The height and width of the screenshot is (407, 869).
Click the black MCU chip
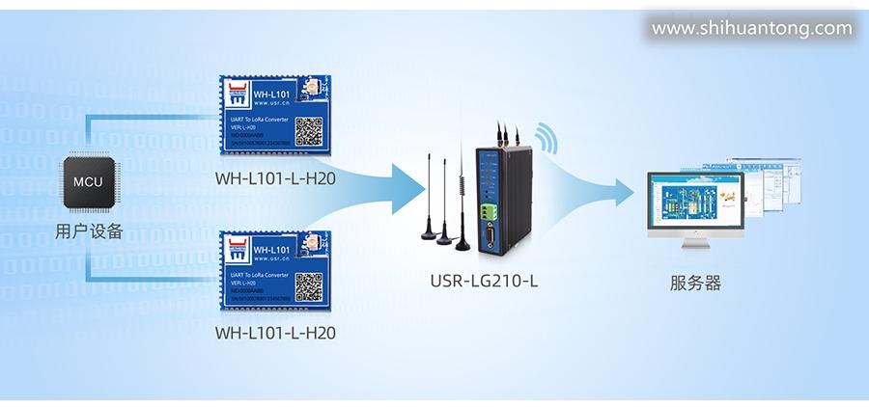coord(88,182)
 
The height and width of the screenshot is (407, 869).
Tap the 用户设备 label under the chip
coord(89,231)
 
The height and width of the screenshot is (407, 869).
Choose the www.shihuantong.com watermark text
coord(752,29)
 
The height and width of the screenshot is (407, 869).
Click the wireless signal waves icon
coord(547,138)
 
